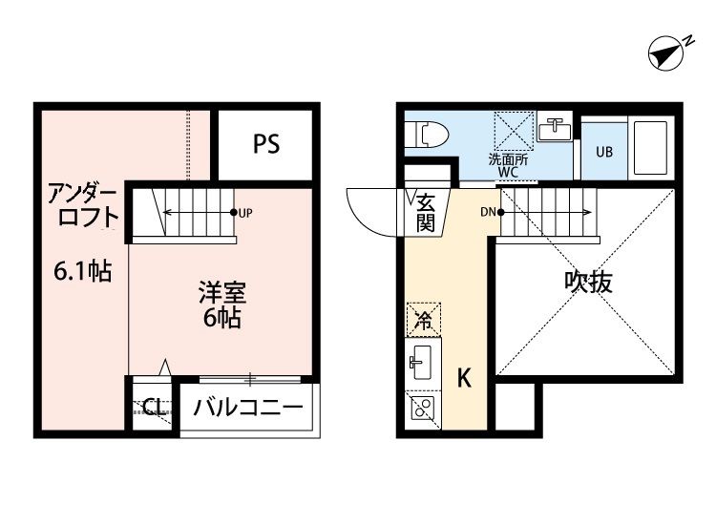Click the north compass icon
point(669,52)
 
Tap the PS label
point(266,144)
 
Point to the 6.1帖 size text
point(82,272)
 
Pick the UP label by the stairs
point(246,212)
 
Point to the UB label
point(604,152)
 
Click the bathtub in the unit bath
point(653,148)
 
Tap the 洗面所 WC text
point(503,166)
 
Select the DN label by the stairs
point(487,211)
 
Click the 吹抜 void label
point(587,282)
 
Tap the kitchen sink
point(422,362)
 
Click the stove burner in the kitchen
point(422,410)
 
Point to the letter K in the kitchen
point(464,379)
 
